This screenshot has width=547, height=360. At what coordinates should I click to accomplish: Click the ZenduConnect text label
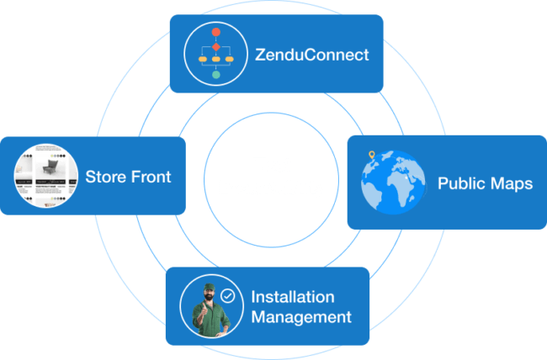tap(311, 55)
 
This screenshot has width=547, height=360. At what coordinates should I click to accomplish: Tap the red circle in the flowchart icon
tap(216, 32)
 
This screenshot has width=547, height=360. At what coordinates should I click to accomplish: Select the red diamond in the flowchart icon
tap(216, 47)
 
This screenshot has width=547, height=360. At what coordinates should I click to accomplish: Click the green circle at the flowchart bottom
tap(216, 74)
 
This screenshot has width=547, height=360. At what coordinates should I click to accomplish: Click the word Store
tap(105, 177)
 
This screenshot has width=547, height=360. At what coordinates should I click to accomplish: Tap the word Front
tap(151, 177)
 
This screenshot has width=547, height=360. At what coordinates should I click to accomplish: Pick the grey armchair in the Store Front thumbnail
tap(50, 167)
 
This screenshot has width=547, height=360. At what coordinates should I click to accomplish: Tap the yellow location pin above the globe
tap(372, 155)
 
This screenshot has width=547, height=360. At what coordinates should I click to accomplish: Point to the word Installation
tap(293, 297)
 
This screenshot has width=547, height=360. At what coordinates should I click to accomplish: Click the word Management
tap(301, 317)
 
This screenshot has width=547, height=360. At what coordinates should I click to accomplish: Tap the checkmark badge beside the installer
tap(227, 296)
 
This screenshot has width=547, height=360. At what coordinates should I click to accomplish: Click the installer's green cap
tap(209, 287)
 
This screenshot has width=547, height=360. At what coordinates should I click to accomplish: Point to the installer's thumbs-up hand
tap(202, 310)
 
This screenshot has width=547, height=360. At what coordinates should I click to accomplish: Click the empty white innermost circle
tap(271, 180)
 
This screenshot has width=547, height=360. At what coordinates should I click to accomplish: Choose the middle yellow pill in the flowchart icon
tap(216, 60)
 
